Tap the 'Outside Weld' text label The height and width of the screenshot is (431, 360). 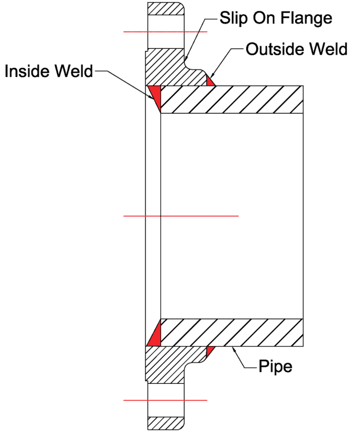[x=297, y=49]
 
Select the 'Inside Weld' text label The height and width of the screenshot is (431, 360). [x=49, y=71]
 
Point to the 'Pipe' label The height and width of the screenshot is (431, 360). [x=275, y=366]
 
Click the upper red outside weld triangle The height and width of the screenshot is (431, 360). [x=211, y=81]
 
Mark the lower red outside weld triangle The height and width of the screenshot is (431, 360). [x=210, y=349]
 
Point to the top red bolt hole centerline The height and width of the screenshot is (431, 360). [x=165, y=32]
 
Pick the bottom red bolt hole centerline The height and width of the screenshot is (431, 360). [x=165, y=400]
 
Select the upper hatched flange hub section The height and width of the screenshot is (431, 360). [x=168, y=68]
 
